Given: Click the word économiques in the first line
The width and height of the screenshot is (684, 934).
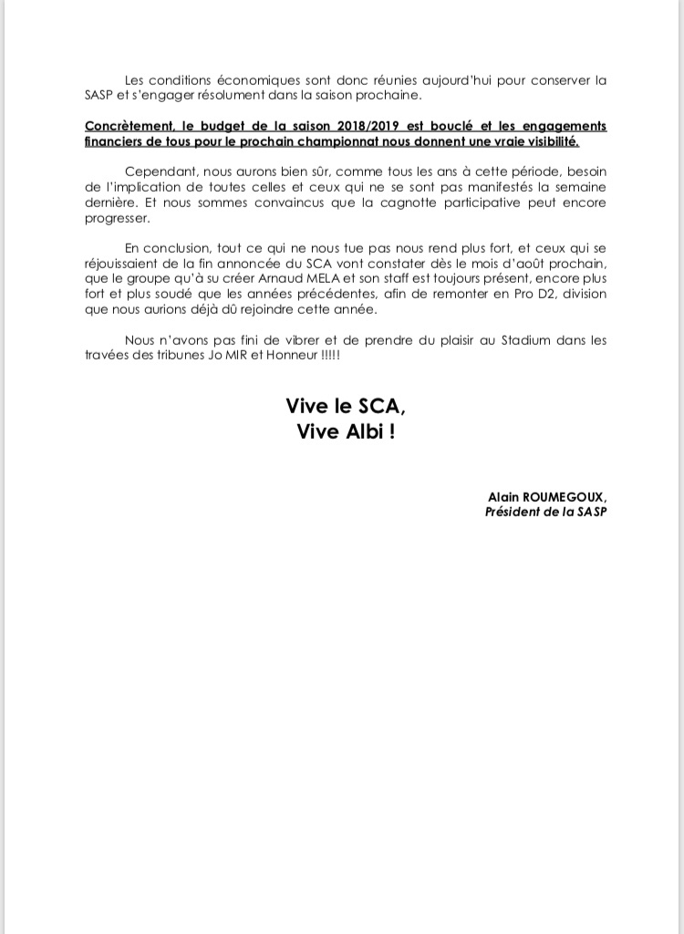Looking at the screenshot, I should [x=235, y=80].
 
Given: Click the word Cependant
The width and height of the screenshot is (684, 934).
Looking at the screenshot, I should [x=158, y=172].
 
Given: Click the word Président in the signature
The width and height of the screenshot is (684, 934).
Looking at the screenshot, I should [x=513, y=512].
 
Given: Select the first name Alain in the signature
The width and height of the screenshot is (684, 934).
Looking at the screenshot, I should [x=503, y=496].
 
